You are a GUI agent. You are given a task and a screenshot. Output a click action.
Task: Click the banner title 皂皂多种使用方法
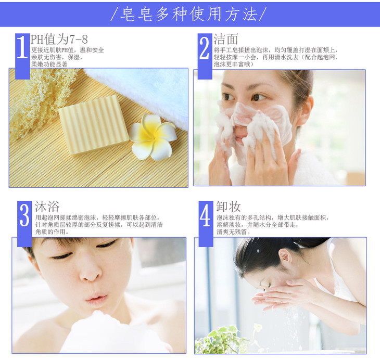188,14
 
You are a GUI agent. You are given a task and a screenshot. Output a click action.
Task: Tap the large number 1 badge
22,56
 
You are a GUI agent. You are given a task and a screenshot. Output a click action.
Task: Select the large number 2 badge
205,56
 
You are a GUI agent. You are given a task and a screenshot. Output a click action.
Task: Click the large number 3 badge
24,224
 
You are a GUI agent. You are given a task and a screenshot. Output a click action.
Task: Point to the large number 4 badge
206,224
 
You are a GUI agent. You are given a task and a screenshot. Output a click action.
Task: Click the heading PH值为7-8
59,39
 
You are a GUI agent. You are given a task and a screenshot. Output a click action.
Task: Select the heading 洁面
225,39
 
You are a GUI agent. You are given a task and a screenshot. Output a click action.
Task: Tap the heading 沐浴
47,207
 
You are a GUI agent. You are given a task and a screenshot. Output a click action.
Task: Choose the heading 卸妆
229,207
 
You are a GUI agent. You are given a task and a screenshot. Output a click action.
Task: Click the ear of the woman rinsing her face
285,258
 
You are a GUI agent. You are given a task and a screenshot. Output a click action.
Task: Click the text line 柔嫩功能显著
49,64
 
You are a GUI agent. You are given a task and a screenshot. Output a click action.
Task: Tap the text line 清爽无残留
234,232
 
